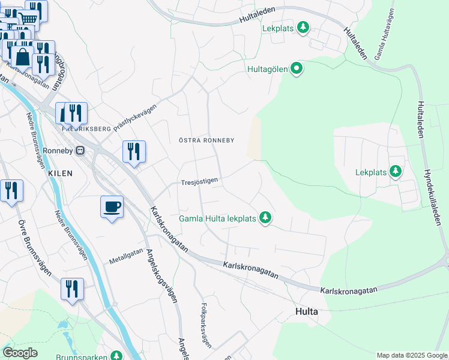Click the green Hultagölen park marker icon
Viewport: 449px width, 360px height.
[297, 69]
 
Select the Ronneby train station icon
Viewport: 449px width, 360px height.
[80, 151]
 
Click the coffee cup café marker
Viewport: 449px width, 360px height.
[112, 207]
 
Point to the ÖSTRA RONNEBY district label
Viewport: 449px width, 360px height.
[206, 140]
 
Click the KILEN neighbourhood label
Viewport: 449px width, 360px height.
[61, 173]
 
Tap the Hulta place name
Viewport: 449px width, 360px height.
[306, 312]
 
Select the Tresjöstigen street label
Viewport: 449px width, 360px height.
[200, 180]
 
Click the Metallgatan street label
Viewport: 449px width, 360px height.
[127, 256]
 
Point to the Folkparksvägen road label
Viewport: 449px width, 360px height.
[206, 320]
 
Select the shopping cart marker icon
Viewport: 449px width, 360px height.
[28, 19]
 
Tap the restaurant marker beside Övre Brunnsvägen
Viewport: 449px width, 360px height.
[11, 191]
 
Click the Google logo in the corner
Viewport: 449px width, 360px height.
[20, 353]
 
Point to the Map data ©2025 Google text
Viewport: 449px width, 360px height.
[411, 355]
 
